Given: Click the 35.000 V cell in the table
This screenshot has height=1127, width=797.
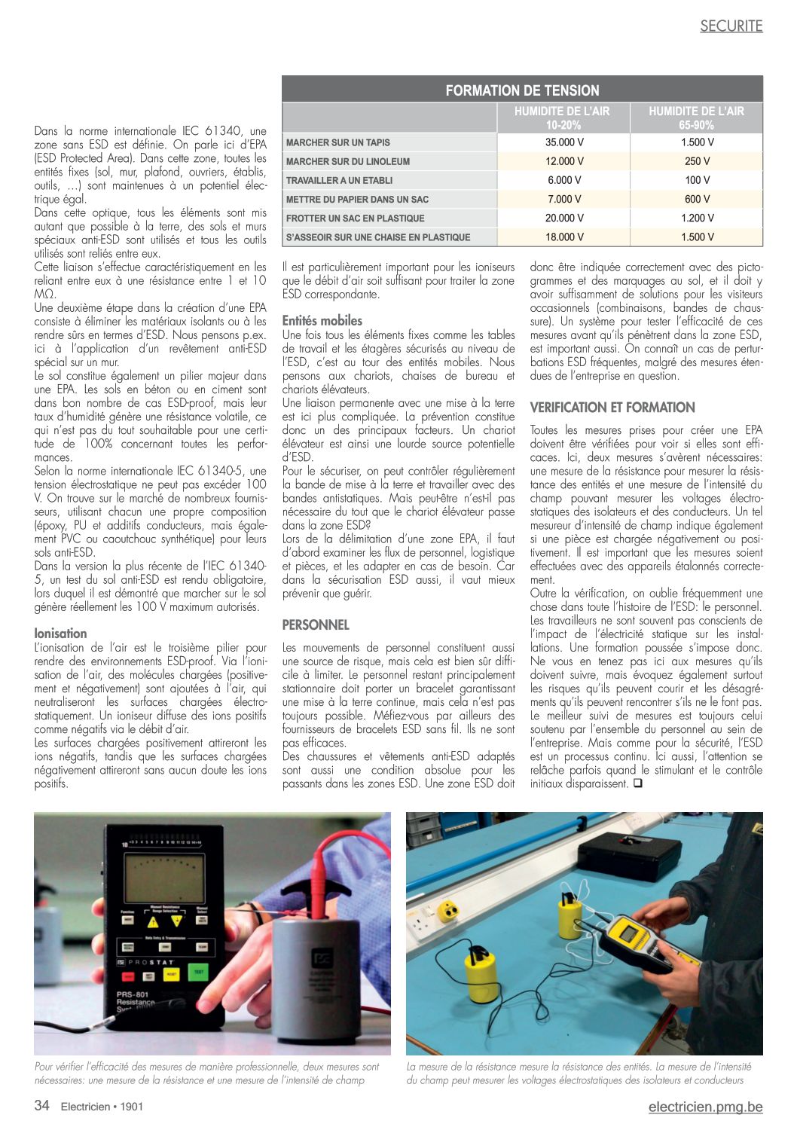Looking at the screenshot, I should point(563,142).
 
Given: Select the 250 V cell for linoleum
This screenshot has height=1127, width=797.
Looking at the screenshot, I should point(697,161).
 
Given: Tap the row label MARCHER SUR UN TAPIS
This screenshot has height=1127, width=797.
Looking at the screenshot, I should point(338,142).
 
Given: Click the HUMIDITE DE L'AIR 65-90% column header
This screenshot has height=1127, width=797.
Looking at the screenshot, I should point(696,118).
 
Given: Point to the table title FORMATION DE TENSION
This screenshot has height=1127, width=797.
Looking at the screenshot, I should point(522,90).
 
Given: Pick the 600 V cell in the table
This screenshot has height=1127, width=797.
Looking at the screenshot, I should point(697,199).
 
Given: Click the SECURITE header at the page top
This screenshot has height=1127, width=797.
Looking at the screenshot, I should point(731,26).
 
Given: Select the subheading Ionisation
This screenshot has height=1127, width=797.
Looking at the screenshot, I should point(60,634).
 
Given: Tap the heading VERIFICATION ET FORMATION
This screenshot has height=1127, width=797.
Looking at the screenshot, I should point(612,408).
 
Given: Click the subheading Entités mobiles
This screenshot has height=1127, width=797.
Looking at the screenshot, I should point(322,320).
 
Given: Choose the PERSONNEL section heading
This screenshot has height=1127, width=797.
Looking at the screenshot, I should point(316,625).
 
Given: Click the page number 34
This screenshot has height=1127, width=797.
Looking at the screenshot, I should point(42,1105).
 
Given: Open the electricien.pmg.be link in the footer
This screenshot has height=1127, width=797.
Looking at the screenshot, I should point(705,1107).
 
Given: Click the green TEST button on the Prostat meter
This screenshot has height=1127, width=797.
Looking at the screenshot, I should point(197,973).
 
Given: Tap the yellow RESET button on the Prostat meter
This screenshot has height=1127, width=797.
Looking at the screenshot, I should point(171,974).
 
